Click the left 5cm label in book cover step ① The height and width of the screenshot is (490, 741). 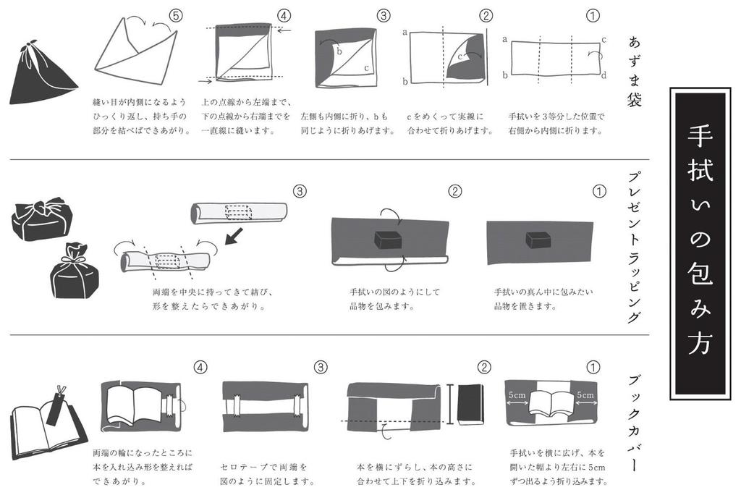click(517, 396)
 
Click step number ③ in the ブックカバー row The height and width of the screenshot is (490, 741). click(321, 367)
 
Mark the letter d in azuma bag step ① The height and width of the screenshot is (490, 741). click(604, 75)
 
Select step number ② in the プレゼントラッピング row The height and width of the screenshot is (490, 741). click(455, 192)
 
